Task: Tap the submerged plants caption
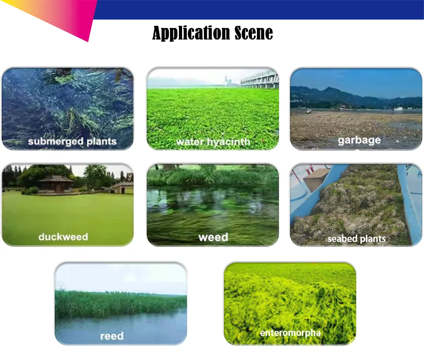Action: click(x=72, y=141)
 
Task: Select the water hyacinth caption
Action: click(x=213, y=142)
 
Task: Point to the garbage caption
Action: click(x=359, y=140)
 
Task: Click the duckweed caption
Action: click(x=63, y=237)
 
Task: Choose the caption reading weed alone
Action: click(x=213, y=237)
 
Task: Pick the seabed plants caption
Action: click(x=357, y=239)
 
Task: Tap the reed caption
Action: click(x=112, y=336)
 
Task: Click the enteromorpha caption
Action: click(x=290, y=332)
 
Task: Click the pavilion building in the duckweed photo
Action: click(x=55, y=184)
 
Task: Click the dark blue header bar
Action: click(x=259, y=9)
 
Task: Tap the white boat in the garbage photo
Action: click(x=399, y=108)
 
